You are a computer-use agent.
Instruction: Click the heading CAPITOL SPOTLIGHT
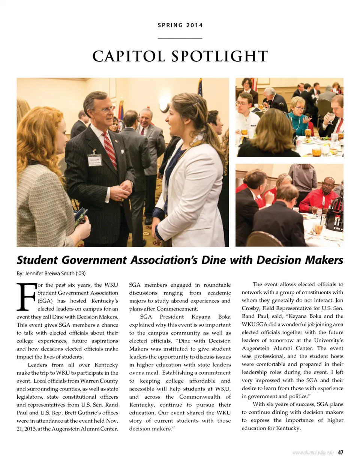[x=180, y=57]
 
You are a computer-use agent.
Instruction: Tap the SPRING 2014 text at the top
[x=180, y=25]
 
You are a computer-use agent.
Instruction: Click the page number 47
[x=340, y=452]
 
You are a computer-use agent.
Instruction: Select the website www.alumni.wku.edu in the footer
[x=313, y=453]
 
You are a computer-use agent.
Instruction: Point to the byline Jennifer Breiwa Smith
[x=55, y=273]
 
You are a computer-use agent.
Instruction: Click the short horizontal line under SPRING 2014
[x=180, y=38]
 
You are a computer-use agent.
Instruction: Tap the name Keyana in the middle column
[x=201, y=317]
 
